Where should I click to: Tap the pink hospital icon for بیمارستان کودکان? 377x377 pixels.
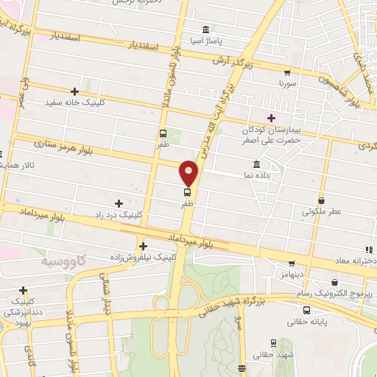point(271,117)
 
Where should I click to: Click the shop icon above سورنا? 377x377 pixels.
point(286,73)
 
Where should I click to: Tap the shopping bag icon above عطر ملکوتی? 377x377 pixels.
point(322,200)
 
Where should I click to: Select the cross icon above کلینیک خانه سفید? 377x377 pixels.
point(74,91)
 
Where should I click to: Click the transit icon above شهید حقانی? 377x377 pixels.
point(273,343)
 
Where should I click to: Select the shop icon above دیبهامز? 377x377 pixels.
point(292,263)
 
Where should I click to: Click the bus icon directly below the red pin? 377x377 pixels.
point(188,191)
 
